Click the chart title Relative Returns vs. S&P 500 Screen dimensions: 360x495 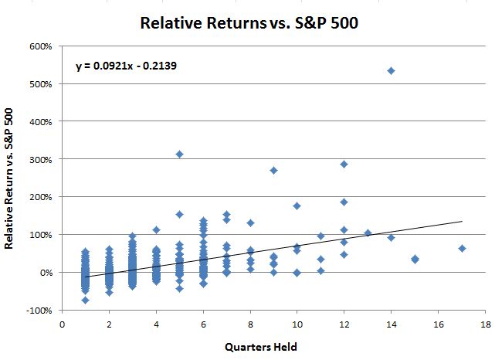(249, 22)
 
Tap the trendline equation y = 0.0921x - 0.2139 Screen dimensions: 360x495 (127, 66)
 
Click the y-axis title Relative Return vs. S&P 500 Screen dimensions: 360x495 (10, 178)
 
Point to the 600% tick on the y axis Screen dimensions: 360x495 (41, 46)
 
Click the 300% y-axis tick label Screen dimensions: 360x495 (41, 159)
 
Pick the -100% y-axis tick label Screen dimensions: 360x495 (39, 311)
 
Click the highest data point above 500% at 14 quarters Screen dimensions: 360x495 (391, 71)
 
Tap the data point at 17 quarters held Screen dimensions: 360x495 (462, 249)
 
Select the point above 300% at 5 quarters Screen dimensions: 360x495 (179, 155)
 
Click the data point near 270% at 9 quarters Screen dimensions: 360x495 (273, 170)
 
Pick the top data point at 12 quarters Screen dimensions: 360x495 (344, 164)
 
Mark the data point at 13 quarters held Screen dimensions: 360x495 (368, 233)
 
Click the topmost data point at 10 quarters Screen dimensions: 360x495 (297, 206)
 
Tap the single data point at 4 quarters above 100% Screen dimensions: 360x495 (156, 229)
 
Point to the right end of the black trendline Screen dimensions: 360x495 (462, 221)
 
